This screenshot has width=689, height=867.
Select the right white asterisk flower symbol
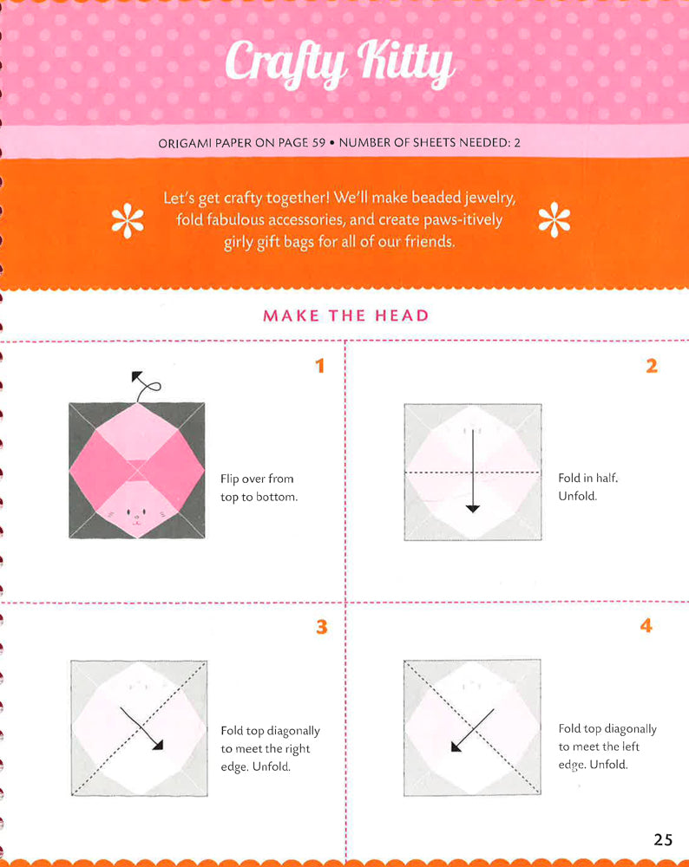[554, 222]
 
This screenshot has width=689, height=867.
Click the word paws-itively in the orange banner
[463, 220]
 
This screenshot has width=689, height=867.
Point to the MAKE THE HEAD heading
[345, 316]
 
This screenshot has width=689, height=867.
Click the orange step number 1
[319, 366]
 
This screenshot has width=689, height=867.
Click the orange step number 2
[651, 366]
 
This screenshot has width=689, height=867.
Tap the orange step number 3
[321, 626]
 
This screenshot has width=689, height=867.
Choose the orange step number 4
[646, 625]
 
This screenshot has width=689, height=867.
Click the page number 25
[663, 839]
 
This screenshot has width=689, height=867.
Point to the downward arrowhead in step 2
[472, 508]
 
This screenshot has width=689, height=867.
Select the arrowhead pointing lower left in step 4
[456, 747]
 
